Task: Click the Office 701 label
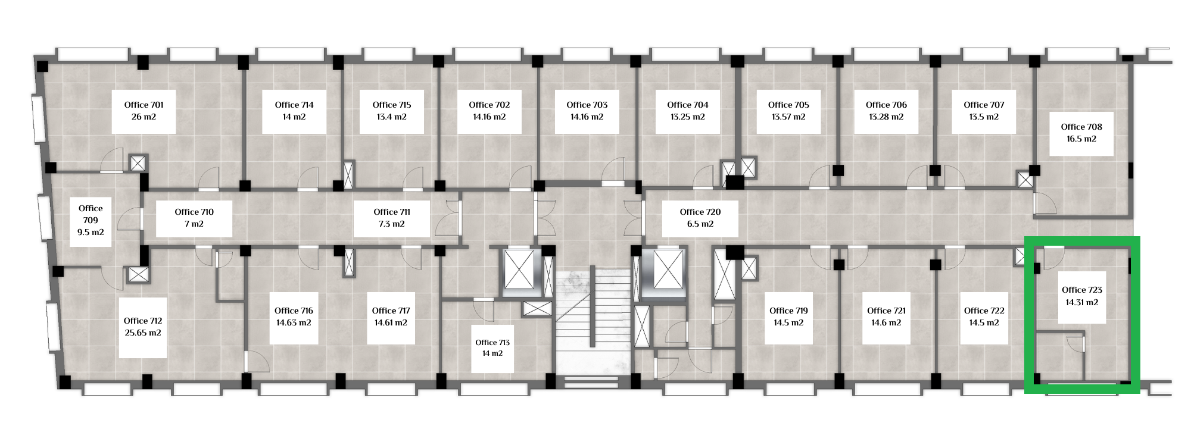[x=144, y=105]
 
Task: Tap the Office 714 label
[x=294, y=105]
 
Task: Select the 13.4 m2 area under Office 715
[x=392, y=117]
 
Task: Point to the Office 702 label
[x=490, y=105]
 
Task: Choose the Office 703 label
[x=587, y=105]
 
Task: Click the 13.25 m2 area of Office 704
[x=688, y=117]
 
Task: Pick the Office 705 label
[x=788, y=105]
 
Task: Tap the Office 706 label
[x=886, y=105]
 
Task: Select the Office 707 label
[x=984, y=105]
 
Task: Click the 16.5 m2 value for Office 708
[x=1081, y=139]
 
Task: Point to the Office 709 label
[x=91, y=214]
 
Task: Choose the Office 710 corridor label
[x=194, y=212]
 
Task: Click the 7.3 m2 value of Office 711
[x=392, y=224]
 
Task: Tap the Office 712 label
[x=143, y=321]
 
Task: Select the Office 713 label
[x=492, y=343]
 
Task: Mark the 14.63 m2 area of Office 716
[x=294, y=323]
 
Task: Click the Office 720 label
[x=700, y=212]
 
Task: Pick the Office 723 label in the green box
[x=1082, y=290]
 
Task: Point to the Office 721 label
[x=886, y=311]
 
